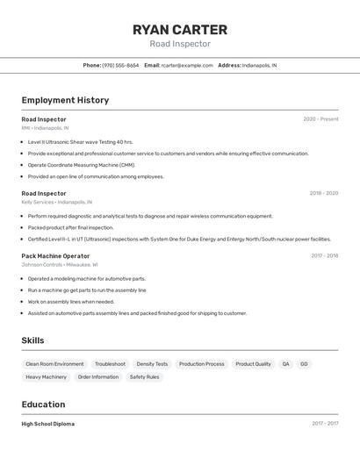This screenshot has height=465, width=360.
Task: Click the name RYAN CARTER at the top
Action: click(x=180, y=29)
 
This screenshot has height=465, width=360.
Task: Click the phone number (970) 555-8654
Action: click(x=120, y=65)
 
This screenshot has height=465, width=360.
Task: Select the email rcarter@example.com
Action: click(x=187, y=65)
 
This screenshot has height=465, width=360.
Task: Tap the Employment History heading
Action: click(x=65, y=100)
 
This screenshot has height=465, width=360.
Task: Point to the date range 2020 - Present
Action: click(x=320, y=119)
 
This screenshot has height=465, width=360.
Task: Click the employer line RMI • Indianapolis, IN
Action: click(x=45, y=128)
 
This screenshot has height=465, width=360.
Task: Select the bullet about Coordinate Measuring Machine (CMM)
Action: click(x=82, y=165)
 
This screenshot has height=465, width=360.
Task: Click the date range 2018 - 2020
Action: click(x=323, y=193)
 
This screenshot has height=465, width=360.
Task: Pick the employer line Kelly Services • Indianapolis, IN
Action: click(x=57, y=202)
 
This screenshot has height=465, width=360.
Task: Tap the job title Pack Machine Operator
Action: click(x=55, y=255)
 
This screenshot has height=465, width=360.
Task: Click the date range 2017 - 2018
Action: click(x=324, y=255)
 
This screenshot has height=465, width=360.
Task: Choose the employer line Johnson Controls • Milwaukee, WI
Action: click(x=60, y=264)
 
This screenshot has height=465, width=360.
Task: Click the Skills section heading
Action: click(x=33, y=340)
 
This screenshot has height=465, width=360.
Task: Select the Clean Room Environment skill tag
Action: click(x=54, y=364)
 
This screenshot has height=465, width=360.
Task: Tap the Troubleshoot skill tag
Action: click(x=110, y=364)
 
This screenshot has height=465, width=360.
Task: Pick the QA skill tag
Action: click(x=285, y=364)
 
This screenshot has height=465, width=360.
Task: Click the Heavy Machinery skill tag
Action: click(x=46, y=377)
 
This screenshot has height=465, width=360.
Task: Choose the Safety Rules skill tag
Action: click(x=144, y=377)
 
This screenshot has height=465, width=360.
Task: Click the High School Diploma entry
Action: click(x=48, y=424)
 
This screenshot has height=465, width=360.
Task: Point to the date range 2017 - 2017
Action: click(x=325, y=424)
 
